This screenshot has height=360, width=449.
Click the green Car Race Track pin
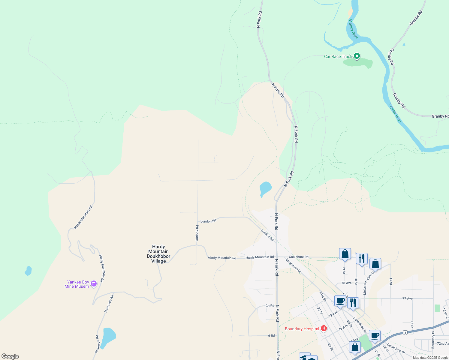(357, 56)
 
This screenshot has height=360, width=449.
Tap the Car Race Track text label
(338, 56)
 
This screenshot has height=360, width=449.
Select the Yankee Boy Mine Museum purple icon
(94, 284)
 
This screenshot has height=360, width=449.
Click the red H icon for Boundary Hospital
(324, 328)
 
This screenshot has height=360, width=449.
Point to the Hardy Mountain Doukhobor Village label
(158, 254)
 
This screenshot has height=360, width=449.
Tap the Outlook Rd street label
(197, 233)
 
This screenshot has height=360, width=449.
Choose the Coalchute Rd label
(299, 257)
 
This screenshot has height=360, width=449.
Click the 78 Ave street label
(346, 283)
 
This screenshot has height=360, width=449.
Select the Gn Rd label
(270, 306)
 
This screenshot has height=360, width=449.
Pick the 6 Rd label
(271, 336)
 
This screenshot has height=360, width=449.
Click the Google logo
(10, 356)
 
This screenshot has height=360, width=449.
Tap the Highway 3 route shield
(405, 332)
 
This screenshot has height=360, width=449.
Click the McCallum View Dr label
(369, 283)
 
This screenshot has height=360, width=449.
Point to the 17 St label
(391, 281)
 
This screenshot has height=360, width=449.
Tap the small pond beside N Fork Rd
(265, 188)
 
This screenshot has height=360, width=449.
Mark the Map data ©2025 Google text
(430, 358)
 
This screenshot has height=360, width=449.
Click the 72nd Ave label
(443, 343)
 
